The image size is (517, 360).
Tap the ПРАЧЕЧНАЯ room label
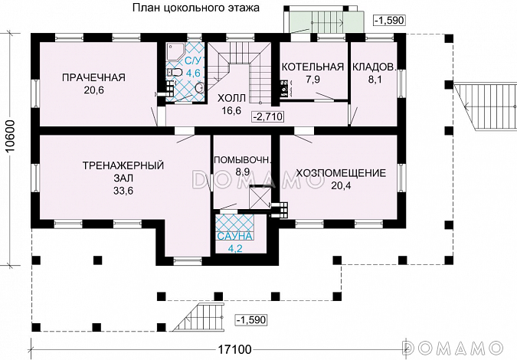pos(93,77)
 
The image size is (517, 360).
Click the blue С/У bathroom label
pos(193,61)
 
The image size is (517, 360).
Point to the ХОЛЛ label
pos(232,98)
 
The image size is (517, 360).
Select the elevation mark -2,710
pos(269,116)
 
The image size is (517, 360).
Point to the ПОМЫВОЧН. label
pos(242,160)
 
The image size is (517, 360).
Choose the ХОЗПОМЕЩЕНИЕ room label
pos(340,172)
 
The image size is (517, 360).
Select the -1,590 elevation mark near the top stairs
pos(390,19)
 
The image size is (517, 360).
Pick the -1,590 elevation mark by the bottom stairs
pos(252,319)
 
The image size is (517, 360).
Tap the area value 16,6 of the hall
pos(232,110)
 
